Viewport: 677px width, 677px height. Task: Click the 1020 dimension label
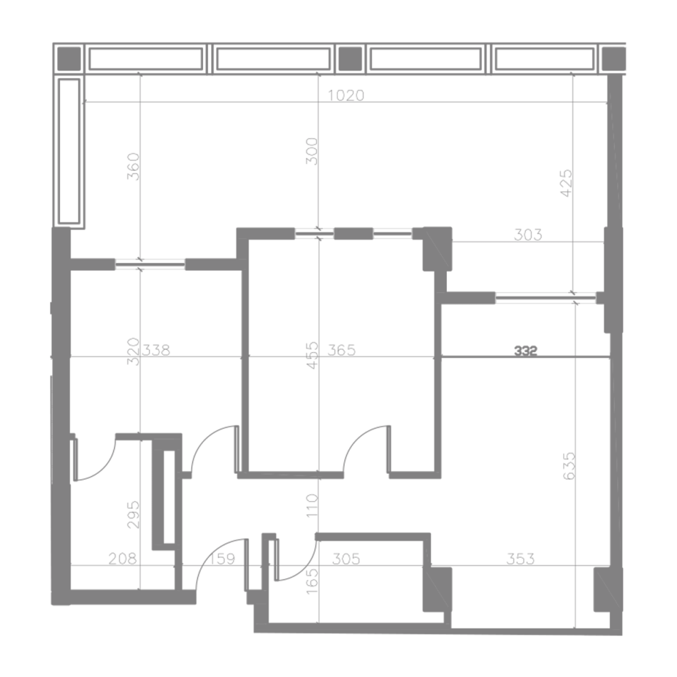(346, 95)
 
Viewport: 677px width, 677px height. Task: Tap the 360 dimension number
(134, 167)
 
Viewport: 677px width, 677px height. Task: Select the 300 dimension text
(311, 151)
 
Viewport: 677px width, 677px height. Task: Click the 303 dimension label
(527, 235)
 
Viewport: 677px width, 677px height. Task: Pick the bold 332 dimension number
(526, 351)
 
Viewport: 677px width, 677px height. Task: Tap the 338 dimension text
(156, 350)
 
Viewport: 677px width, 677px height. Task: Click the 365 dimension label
(341, 350)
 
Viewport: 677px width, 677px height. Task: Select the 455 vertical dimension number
(311, 356)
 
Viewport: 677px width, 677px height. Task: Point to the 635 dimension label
(569, 465)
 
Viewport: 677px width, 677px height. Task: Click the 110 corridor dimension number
(311, 505)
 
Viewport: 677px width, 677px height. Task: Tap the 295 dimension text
(134, 515)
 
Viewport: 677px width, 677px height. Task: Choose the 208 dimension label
(123, 559)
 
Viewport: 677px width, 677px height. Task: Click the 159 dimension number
(223, 559)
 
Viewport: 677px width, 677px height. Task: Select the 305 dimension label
(346, 559)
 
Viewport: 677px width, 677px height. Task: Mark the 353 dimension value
(520, 559)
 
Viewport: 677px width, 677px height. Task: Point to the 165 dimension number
(311, 581)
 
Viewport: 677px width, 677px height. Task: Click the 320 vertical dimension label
(134, 351)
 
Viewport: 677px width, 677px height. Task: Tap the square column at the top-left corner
(69, 58)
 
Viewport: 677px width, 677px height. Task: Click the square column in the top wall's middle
(350, 58)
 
